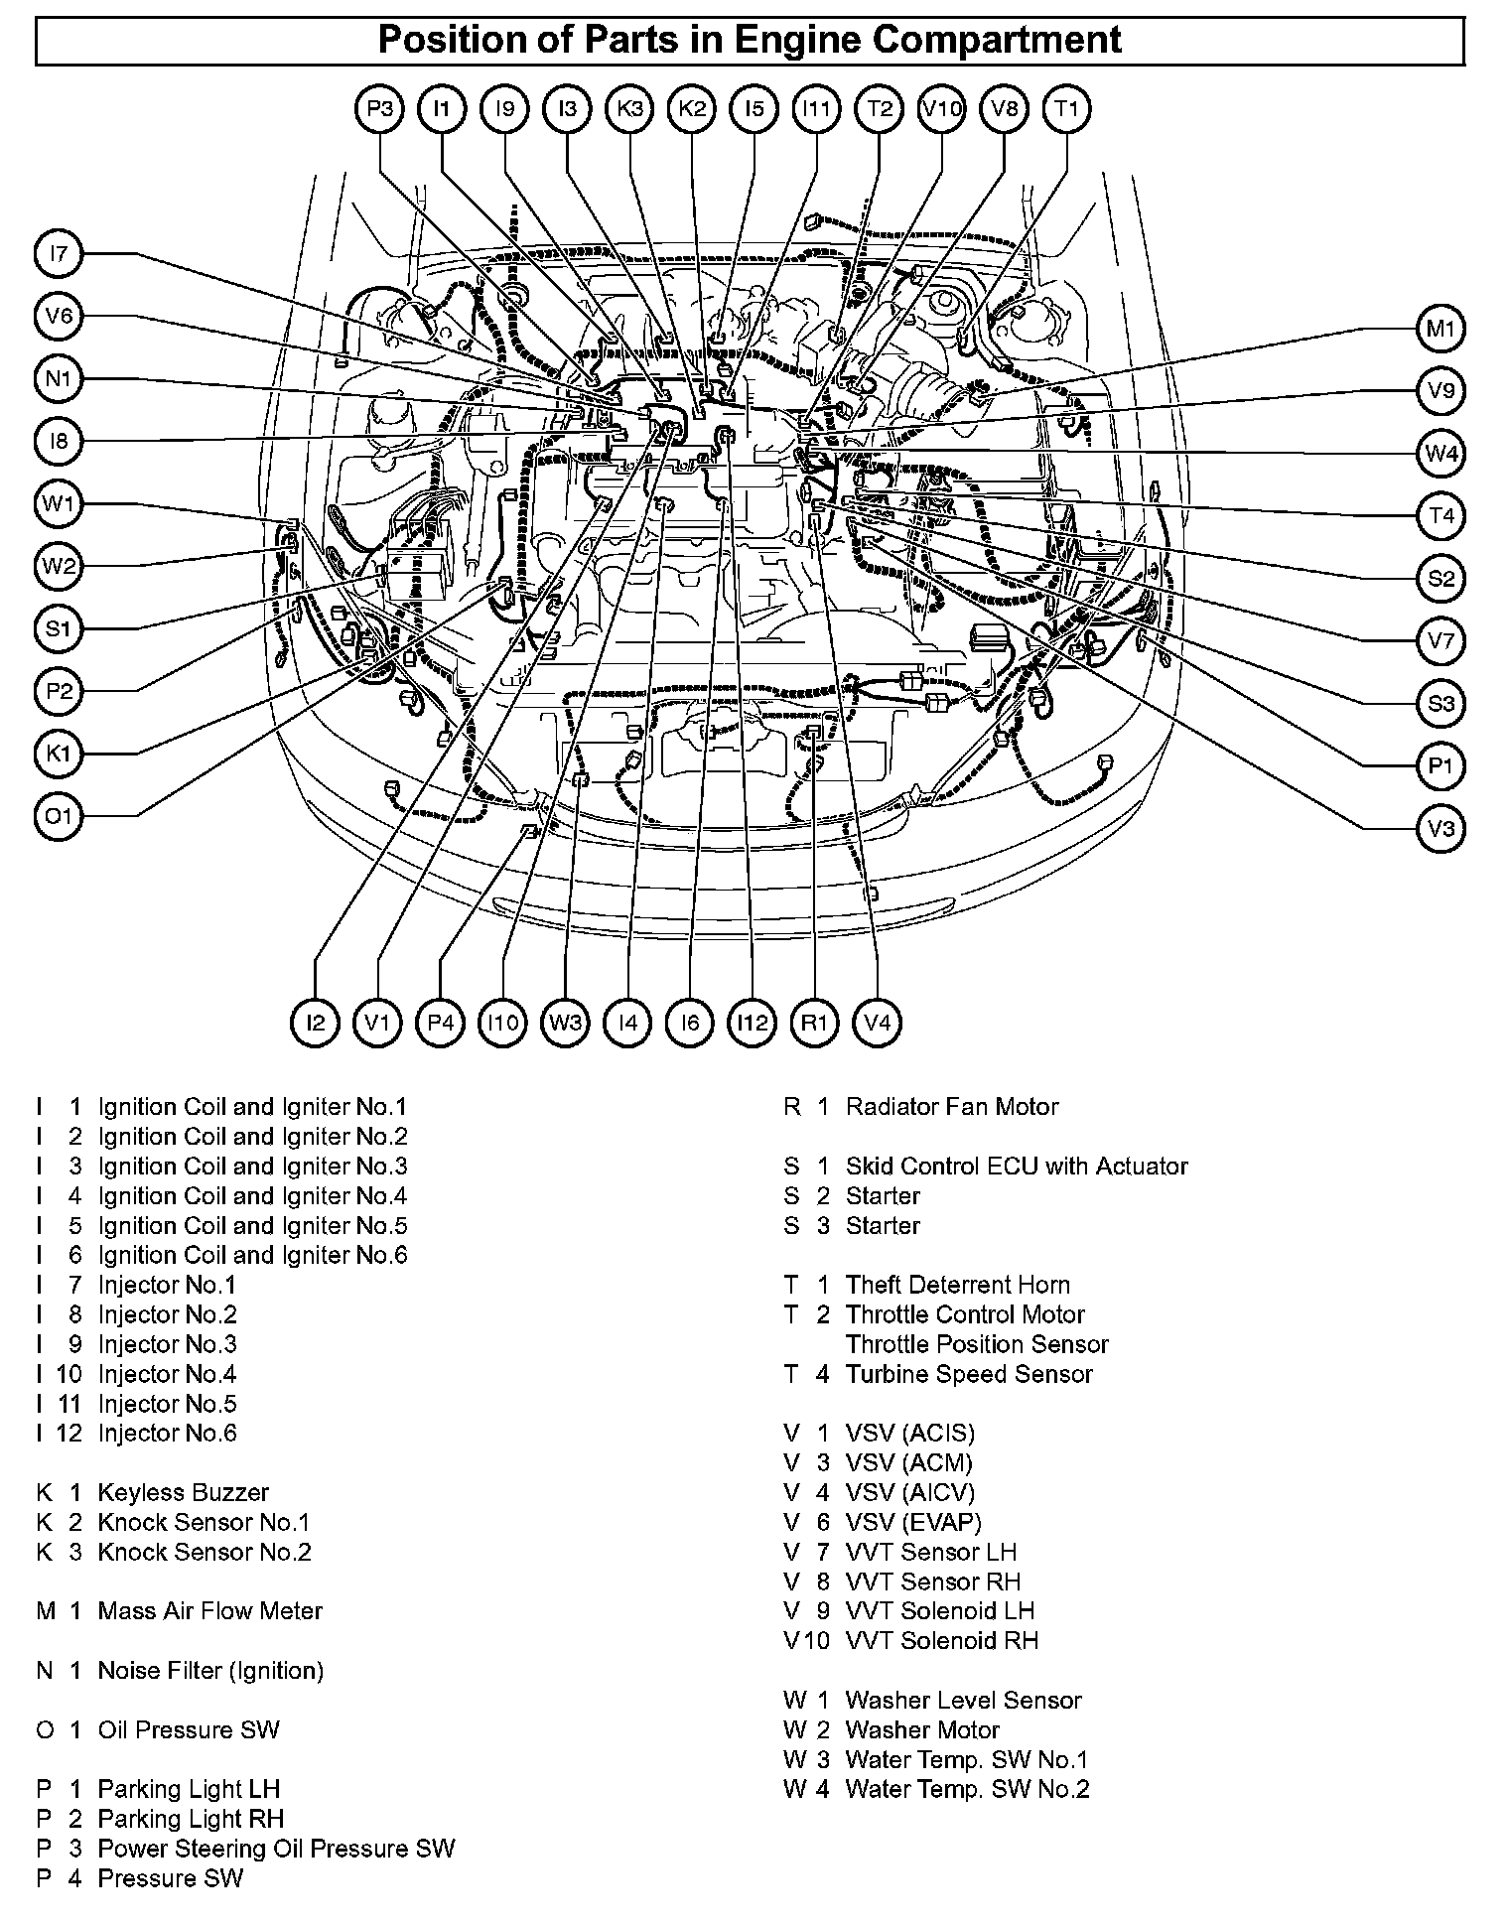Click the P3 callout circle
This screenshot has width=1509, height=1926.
tap(379, 108)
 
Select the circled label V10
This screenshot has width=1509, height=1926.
tap(941, 108)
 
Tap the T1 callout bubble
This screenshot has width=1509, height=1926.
tap(1066, 108)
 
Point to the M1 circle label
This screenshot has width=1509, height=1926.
tap(1440, 329)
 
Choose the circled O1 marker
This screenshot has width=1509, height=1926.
tap(60, 816)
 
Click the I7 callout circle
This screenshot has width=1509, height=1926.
tap(60, 254)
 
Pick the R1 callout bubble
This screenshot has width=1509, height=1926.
tap(814, 1022)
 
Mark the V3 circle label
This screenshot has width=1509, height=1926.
tap(1440, 828)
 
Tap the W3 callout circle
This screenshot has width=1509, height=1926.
tap(565, 1022)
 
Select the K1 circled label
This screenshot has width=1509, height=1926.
tap(60, 754)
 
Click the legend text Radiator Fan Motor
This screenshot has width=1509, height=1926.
tap(951, 1107)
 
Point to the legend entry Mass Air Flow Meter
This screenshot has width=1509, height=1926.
tap(209, 1610)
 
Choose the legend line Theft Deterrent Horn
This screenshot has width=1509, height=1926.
tap(957, 1285)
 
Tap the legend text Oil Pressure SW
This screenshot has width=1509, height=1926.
tap(189, 1729)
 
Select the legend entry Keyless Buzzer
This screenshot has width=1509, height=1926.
tap(183, 1492)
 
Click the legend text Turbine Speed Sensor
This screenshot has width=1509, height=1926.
tap(968, 1374)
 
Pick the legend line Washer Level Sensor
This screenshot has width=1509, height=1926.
tap(962, 1700)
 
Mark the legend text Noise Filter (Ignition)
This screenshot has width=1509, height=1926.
tap(210, 1670)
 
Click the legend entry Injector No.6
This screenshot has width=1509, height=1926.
tap(167, 1433)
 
